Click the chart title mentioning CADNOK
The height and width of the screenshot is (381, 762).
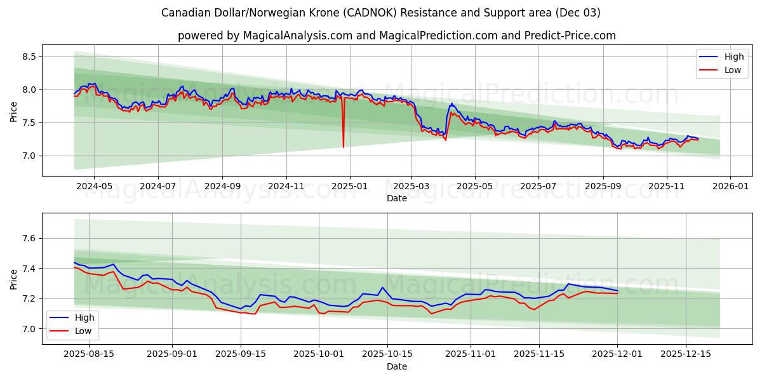[380, 13]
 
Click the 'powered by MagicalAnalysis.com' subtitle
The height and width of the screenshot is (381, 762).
[396, 36]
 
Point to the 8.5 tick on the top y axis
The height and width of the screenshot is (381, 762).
[28, 57]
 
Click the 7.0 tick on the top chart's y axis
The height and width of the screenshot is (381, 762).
[28, 156]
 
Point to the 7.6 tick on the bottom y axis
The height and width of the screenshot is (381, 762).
[28, 239]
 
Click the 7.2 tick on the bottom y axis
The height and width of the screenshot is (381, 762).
[28, 299]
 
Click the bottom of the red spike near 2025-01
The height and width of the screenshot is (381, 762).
[344, 147]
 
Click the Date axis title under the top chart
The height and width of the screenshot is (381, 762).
[396, 198]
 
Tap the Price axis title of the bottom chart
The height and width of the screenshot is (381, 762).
[14, 279]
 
